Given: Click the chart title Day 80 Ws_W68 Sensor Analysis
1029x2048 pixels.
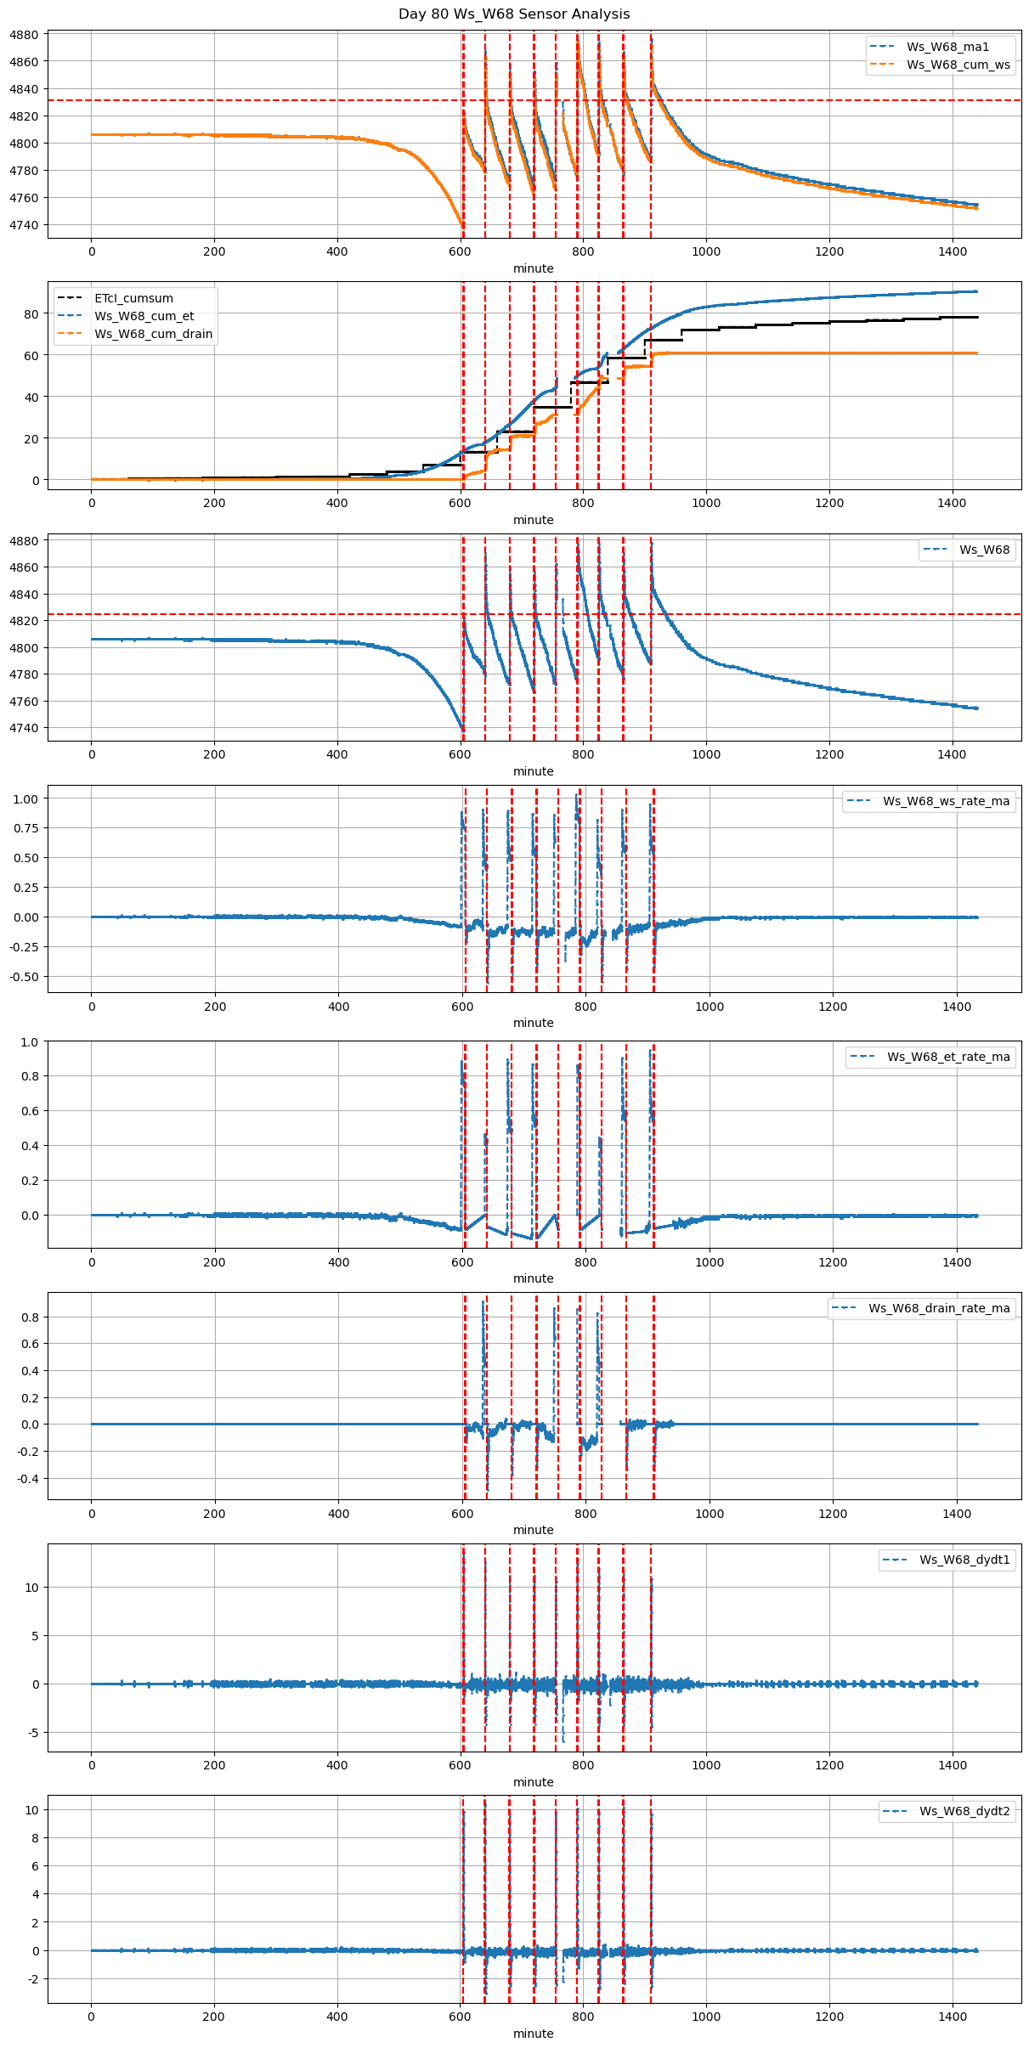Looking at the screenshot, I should click(514, 14).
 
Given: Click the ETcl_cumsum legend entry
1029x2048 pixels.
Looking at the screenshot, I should click(133, 298).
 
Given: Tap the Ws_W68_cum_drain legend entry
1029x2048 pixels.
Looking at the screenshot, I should click(153, 334).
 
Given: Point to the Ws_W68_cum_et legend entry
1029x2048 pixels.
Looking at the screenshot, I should click(144, 316).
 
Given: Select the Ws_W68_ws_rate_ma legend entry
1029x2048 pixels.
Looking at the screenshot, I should click(946, 801).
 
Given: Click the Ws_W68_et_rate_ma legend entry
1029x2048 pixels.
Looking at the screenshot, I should click(948, 1057).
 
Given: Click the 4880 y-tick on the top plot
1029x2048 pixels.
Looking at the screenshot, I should click(25, 35).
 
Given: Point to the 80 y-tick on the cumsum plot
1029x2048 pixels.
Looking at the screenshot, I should click(31, 314).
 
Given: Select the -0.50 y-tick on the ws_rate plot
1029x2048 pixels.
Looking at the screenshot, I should click(25, 977).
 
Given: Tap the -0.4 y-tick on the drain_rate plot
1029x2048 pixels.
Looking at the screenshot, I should click(28, 1479).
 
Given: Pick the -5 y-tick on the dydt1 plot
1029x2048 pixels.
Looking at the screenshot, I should click(32, 1733).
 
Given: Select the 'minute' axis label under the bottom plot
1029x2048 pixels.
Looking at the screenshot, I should click(534, 2034).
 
